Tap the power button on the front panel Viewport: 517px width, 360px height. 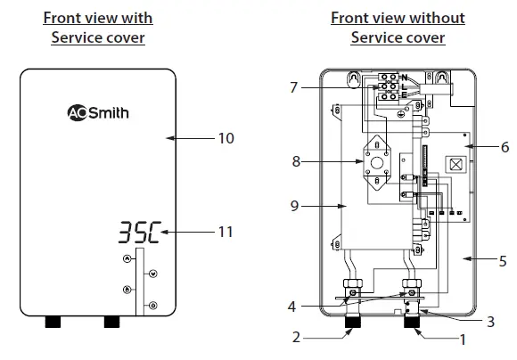152,306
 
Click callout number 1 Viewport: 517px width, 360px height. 461,340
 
